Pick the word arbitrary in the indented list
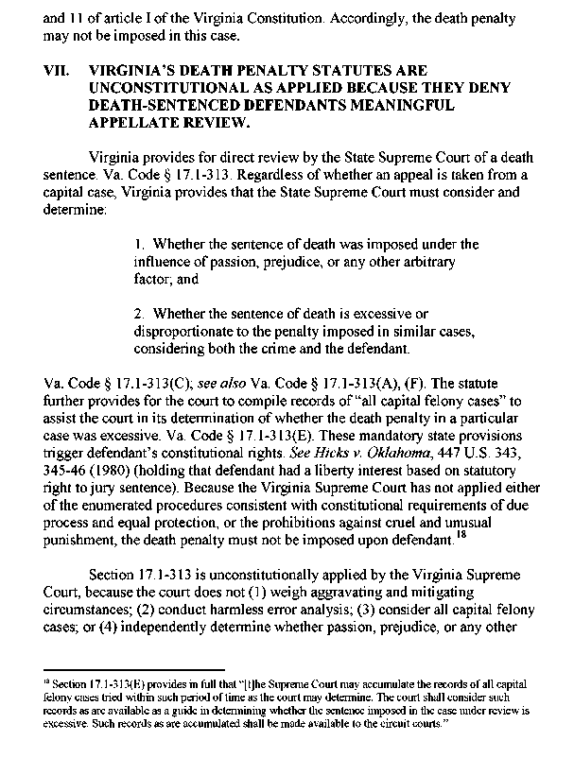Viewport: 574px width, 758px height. tap(432, 262)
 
